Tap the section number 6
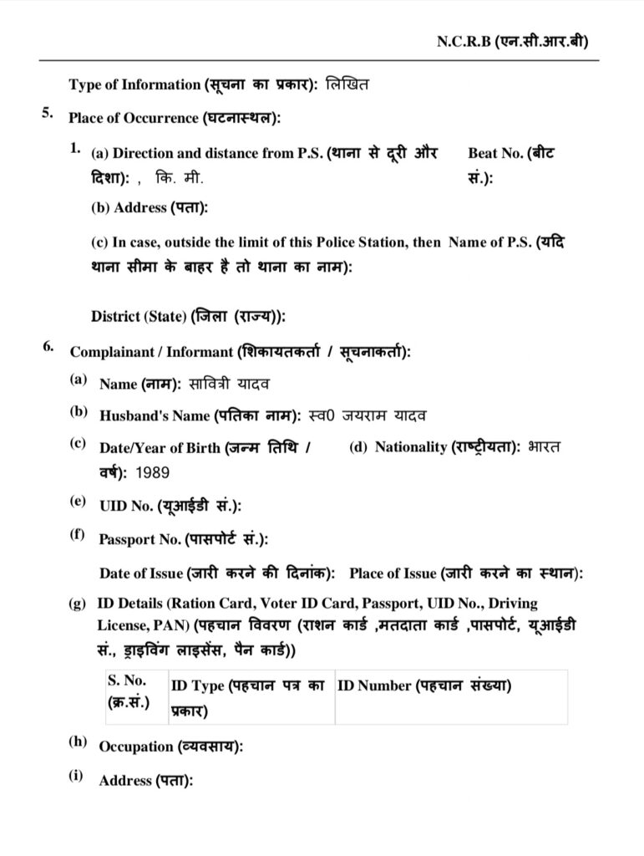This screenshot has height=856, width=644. click(48, 349)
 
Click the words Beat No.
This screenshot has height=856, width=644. click(496, 153)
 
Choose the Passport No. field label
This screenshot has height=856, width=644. click(184, 540)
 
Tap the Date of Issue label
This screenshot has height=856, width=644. click(216, 573)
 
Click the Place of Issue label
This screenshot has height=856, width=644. click(466, 573)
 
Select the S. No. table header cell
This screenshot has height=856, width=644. click(128, 691)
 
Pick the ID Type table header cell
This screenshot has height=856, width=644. click(247, 697)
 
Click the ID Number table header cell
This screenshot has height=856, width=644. click(424, 686)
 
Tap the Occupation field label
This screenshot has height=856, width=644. click(170, 746)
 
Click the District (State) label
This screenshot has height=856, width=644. click(188, 317)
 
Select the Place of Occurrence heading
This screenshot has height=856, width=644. click(175, 119)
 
